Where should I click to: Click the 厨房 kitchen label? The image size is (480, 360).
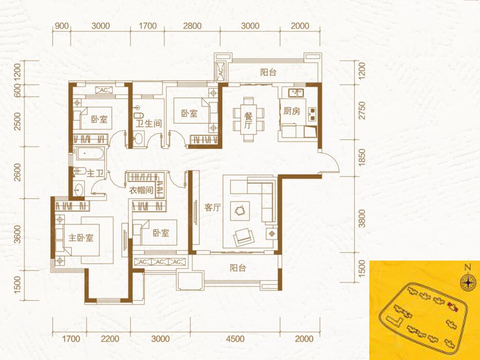pyautogui.click(x=292, y=112)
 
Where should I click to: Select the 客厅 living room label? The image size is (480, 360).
pyautogui.click(x=213, y=208)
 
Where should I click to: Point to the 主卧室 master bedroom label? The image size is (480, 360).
pyautogui.click(x=81, y=238)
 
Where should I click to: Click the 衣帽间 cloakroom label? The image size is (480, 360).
pyautogui.click(x=141, y=190)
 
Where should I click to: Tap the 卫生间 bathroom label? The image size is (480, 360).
pyautogui.click(x=149, y=124)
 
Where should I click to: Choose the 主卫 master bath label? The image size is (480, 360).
pyautogui.click(x=95, y=174)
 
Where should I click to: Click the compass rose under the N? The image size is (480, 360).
pyautogui.click(x=468, y=283)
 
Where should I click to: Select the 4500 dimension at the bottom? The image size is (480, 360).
pyautogui.click(x=235, y=339)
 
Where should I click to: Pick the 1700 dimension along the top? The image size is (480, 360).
pyautogui.click(x=148, y=26)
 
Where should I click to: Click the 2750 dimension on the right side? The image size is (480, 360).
pyautogui.click(x=362, y=110)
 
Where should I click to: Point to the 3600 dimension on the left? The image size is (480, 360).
pyautogui.click(x=18, y=234)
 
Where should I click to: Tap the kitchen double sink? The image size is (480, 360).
pyautogui.click(x=296, y=93)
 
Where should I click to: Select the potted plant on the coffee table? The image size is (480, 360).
pyautogui.click(x=240, y=211)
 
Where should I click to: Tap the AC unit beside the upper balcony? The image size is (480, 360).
pyautogui.click(x=221, y=72)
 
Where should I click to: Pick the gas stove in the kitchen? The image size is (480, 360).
pyautogui.click(x=312, y=114)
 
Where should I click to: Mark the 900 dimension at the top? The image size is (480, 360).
pyautogui.click(x=62, y=26)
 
